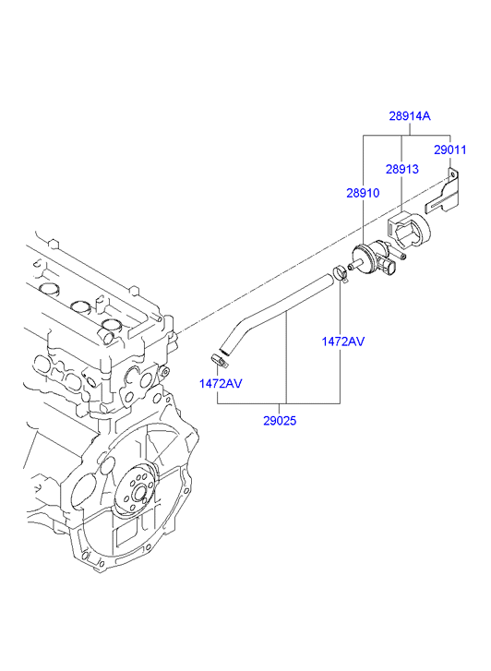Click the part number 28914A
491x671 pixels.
[409, 115]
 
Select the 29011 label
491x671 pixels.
[449, 150]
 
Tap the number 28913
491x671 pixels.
[402, 169]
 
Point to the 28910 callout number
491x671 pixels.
[363, 193]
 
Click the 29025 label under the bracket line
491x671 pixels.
[280, 421]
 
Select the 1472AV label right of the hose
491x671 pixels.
[343, 341]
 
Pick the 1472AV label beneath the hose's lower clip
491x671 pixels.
[221, 383]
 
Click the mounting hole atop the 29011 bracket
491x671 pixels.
[452, 174]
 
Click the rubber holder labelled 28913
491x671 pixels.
[409, 232]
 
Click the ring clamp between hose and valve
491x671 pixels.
[341, 274]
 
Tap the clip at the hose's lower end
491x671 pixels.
[219, 360]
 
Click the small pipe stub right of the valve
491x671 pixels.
[402, 256]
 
